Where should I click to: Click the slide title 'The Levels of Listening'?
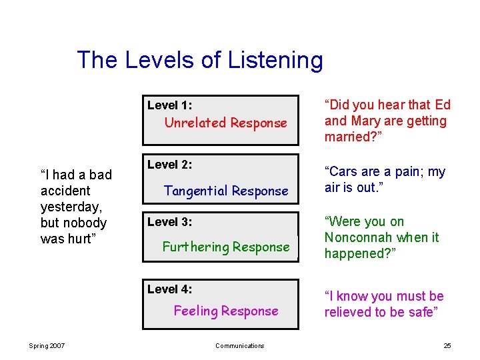tap(199, 60)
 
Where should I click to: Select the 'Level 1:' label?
tap(169, 105)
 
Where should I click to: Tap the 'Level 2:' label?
tap(169, 165)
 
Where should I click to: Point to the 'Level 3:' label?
tap(169, 222)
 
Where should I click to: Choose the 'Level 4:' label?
tap(169, 289)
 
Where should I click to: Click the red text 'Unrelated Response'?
tap(225, 123)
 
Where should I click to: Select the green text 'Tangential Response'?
tap(226, 191)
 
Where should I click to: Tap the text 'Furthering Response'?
tap(226, 247)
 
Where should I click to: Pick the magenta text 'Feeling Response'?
tap(226, 311)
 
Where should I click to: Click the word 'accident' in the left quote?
tap(65, 191)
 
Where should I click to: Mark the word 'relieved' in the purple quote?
tap(348, 312)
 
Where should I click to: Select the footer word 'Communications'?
tap(239, 345)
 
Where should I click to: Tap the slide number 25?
tap(447, 345)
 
